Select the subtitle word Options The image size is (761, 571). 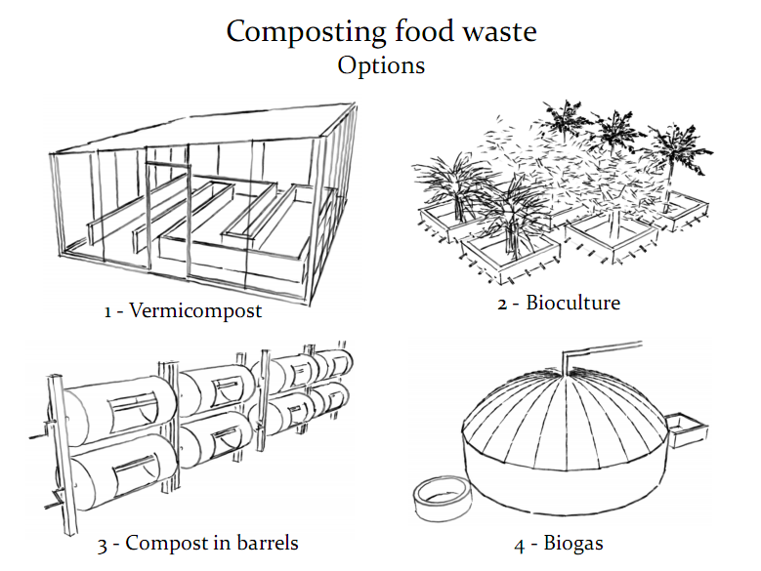(x=381, y=66)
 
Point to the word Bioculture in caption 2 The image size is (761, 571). (x=573, y=302)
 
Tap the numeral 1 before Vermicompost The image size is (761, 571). (x=108, y=313)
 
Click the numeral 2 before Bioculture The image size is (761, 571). (x=502, y=303)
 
